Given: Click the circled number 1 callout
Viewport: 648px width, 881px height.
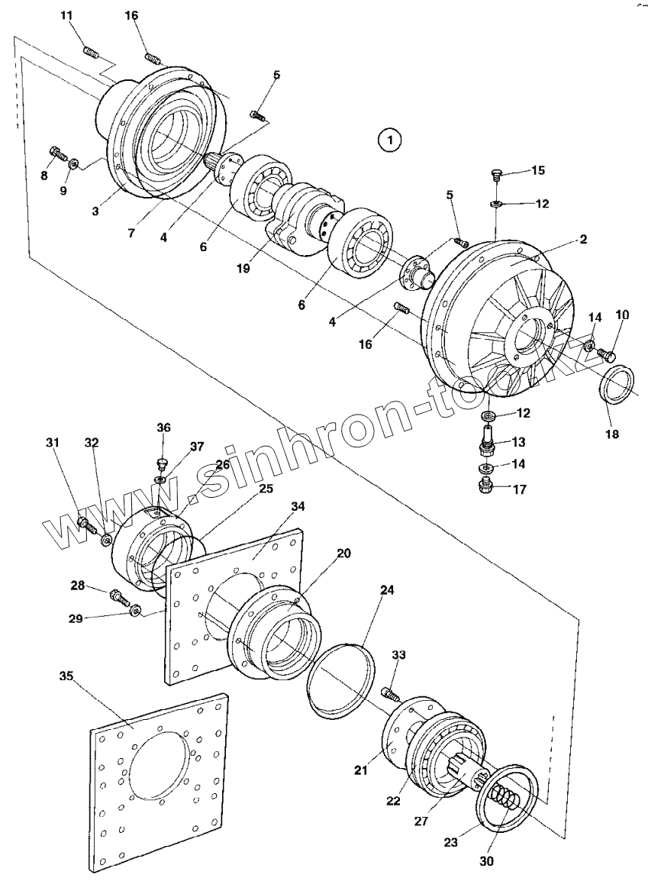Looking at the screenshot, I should [x=390, y=140].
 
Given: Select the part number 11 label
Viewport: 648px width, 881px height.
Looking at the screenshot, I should [x=67, y=16].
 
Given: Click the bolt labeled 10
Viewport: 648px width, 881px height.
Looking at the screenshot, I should [x=608, y=353].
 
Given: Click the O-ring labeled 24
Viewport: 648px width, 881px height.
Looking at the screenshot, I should [x=341, y=678].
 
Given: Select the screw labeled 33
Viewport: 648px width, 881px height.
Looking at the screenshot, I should [x=389, y=694].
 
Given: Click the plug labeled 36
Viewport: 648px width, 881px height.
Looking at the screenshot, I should [x=162, y=464].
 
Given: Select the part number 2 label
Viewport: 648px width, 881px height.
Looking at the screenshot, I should [x=582, y=240].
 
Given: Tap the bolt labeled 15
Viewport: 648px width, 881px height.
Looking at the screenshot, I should [x=495, y=176].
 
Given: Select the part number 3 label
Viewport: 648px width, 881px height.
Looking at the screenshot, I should [x=95, y=210].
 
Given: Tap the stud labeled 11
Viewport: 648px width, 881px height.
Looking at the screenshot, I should [x=91, y=53].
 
